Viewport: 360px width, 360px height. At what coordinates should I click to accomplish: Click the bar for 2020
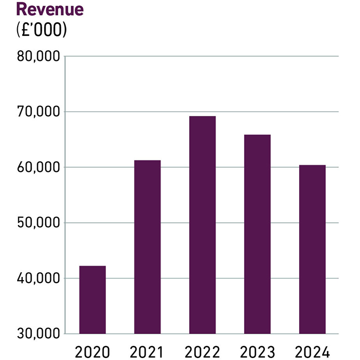[x=92, y=300]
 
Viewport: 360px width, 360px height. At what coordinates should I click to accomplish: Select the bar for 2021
[x=148, y=247]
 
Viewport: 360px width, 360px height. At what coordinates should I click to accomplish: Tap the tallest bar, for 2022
[x=202, y=225]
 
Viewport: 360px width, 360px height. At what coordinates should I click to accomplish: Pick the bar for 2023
[x=257, y=234]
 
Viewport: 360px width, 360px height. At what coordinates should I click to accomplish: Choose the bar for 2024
[x=312, y=249]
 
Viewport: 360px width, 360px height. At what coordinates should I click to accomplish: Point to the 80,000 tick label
[x=35, y=57]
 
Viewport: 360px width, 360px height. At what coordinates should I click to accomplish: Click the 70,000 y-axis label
[x=35, y=112]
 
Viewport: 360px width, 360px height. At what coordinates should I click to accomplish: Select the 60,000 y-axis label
[x=35, y=168]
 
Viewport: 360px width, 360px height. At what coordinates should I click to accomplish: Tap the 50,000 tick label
[x=35, y=223]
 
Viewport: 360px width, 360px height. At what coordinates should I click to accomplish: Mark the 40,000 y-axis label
[x=35, y=279]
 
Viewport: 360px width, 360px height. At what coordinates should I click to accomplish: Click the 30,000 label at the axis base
[x=35, y=334]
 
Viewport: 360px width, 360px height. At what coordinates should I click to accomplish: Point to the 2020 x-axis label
[x=92, y=351]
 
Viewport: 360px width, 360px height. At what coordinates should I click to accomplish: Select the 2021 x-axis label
[x=148, y=351]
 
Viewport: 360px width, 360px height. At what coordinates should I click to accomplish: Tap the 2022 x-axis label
[x=202, y=351]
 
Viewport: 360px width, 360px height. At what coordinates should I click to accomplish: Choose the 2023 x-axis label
[x=257, y=351]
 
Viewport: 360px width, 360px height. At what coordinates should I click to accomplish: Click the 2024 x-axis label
[x=312, y=351]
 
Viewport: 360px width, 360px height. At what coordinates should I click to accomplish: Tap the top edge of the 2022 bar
[x=202, y=117]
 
